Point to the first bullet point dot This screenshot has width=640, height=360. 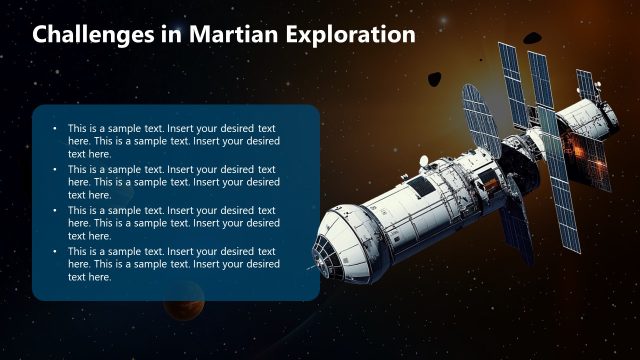tap(54, 129)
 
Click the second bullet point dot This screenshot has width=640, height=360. tap(54, 170)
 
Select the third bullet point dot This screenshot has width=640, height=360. tap(54, 211)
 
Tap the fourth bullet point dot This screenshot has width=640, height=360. tap(54, 252)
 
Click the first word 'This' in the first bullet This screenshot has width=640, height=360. tap(78, 129)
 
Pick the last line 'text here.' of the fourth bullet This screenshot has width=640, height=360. tap(89, 277)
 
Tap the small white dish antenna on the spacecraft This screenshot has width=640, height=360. tap(423, 160)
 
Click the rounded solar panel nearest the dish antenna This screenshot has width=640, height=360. tap(480, 120)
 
